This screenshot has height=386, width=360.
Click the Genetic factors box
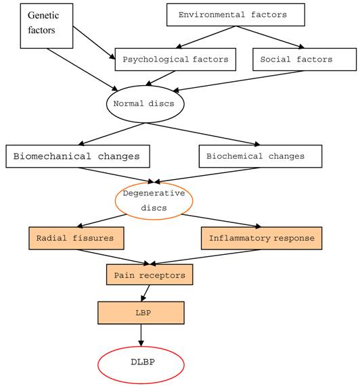[x=46, y=26]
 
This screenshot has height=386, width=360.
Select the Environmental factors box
[x=235, y=14]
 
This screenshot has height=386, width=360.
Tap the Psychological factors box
[x=175, y=59]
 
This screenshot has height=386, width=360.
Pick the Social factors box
[x=304, y=59]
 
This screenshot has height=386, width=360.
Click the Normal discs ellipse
[x=145, y=103]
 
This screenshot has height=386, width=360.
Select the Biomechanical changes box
[x=77, y=156]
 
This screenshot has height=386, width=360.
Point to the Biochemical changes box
[x=260, y=156]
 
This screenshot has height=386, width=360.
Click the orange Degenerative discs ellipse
[x=154, y=200]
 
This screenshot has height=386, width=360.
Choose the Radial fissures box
[x=76, y=238]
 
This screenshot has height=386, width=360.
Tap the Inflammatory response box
[x=261, y=238]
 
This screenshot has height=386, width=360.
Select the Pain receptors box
[x=150, y=274]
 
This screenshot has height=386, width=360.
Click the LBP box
[x=141, y=312]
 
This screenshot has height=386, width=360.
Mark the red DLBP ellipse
[x=141, y=362]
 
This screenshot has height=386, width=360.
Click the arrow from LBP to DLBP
[x=141, y=335]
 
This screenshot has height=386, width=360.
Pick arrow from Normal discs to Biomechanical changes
[x=112, y=133]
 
